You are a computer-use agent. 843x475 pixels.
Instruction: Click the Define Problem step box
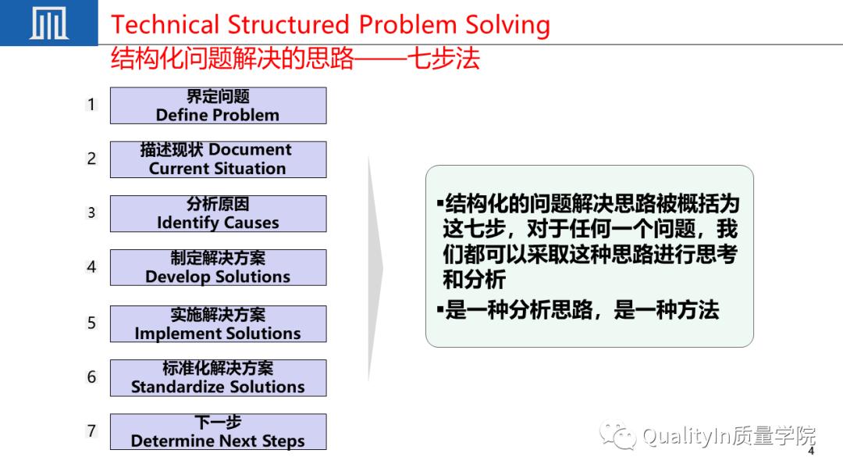coord(218,105)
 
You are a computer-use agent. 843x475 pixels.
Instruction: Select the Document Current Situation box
coord(218,159)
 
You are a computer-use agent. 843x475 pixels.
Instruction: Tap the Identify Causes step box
coord(218,213)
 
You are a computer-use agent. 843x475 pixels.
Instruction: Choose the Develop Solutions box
coord(218,267)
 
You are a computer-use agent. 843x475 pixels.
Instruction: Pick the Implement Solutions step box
coord(218,324)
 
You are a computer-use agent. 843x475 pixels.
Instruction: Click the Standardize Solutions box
coord(218,378)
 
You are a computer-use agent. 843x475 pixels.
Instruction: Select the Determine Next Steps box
coord(218,432)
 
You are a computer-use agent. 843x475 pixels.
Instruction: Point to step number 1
coord(91,105)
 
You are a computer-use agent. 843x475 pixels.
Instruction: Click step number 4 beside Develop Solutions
coord(91,267)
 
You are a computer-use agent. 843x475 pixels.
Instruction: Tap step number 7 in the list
coord(91,431)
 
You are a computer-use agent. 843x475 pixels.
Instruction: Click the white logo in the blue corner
coord(48,23)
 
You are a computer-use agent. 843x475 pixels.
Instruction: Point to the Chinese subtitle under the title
coord(295,59)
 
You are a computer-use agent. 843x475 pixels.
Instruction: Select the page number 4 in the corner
coord(811,452)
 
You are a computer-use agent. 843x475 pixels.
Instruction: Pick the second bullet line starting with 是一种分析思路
coord(582,310)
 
